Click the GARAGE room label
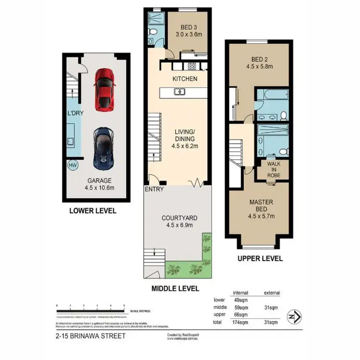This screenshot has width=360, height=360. click(96, 180)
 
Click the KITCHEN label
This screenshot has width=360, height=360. click(185, 78)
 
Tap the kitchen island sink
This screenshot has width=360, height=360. click(180, 92)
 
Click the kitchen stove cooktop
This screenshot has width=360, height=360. click(192, 66)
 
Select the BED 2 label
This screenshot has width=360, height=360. click(259, 60)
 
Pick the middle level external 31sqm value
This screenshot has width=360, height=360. click(272, 307)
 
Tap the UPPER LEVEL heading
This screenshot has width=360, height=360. click(260, 258)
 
